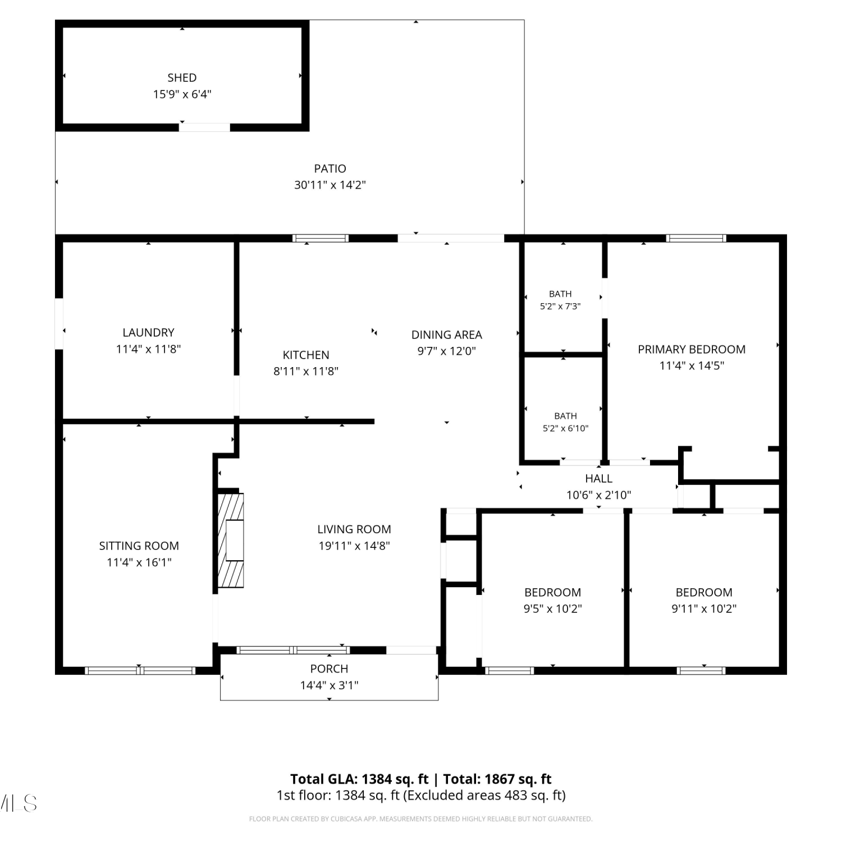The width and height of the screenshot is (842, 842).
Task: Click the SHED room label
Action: [182, 78]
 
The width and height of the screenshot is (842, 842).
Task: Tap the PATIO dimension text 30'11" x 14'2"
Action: [330, 185]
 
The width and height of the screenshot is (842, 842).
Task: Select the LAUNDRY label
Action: [148, 332]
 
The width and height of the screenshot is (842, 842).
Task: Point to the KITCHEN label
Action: [306, 355]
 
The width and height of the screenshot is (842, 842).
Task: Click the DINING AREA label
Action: [447, 335]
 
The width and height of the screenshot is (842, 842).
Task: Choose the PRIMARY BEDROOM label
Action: [692, 349]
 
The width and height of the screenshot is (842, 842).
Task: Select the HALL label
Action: [598, 478]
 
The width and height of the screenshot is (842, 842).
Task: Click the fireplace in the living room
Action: [231, 540]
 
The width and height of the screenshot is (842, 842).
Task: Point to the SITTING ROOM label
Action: [139, 546]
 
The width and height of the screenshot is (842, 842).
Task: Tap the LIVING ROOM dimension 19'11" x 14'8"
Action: [354, 546]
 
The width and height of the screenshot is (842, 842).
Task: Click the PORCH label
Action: [329, 669]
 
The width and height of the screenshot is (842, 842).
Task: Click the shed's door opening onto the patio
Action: [204, 127]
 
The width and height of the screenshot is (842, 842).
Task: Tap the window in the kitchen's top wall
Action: [321, 239]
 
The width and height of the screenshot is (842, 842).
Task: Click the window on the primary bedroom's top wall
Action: [696, 239]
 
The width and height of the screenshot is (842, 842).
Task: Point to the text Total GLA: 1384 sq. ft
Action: [359, 779]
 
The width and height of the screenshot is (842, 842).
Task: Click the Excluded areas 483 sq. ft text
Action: [485, 795]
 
